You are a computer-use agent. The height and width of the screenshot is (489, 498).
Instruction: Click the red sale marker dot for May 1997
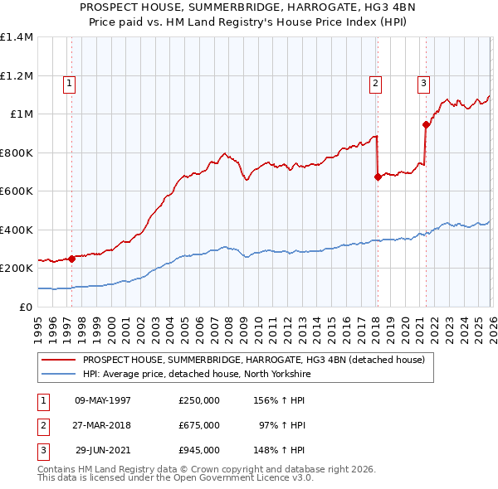pos(71,259)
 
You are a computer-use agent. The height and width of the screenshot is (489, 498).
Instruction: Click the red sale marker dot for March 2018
pos(378,177)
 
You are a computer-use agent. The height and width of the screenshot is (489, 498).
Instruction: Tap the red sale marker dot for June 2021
pos(426,125)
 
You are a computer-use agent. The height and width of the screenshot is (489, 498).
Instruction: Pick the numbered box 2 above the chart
pos(376,82)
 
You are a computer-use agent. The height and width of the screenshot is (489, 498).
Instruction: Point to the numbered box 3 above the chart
pos(423,82)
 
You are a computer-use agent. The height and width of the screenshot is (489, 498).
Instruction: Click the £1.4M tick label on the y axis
pos(17,37)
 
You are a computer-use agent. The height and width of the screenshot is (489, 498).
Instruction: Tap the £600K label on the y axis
pos(17,191)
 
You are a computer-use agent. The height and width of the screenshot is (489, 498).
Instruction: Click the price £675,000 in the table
pos(198,425)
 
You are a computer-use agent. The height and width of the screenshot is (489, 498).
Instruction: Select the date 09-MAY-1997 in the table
pos(103,400)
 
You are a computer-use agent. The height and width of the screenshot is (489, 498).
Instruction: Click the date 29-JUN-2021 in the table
pos(103,450)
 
